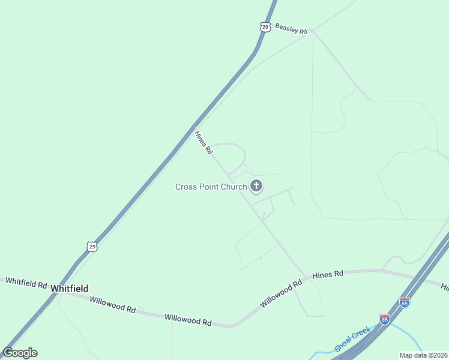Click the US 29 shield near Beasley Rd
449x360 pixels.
(265, 26)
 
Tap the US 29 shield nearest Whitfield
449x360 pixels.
(91, 247)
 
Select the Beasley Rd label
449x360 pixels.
(291, 29)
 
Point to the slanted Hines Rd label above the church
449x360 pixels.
(203, 143)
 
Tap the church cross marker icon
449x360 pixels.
(256, 186)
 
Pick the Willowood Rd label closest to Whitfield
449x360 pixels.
(113, 304)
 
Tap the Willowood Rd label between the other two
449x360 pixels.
(188, 320)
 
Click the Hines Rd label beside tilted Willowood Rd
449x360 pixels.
(328, 274)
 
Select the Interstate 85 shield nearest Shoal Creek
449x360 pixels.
(385, 319)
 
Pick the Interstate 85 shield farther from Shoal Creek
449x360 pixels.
(405, 302)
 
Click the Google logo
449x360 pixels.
(20, 353)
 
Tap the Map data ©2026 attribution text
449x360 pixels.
(423, 355)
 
